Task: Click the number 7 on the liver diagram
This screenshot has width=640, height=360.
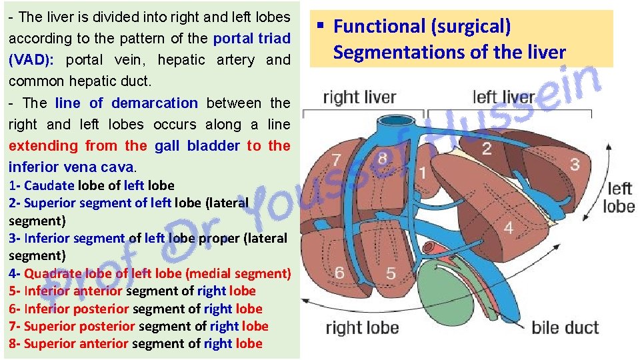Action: click(337, 161)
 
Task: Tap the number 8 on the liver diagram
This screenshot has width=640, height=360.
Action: click(383, 158)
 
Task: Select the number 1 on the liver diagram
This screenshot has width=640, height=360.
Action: click(422, 173)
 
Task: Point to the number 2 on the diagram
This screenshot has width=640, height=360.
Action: click(487, 148)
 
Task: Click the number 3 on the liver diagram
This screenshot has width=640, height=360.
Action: click(574, 164)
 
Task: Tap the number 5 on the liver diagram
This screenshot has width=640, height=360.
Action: click(391, 273)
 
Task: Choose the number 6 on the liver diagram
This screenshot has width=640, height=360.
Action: click(340, 273)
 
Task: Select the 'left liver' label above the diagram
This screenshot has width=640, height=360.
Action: click(503, 97)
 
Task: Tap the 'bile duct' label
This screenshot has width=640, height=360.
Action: click(565, 327)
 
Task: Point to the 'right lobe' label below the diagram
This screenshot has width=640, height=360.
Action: click(362, 327)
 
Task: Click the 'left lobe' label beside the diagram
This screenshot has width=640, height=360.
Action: click(619, 198)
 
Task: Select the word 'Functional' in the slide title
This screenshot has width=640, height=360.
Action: click(379, 27)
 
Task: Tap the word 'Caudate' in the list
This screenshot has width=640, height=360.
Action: click(49, 185)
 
